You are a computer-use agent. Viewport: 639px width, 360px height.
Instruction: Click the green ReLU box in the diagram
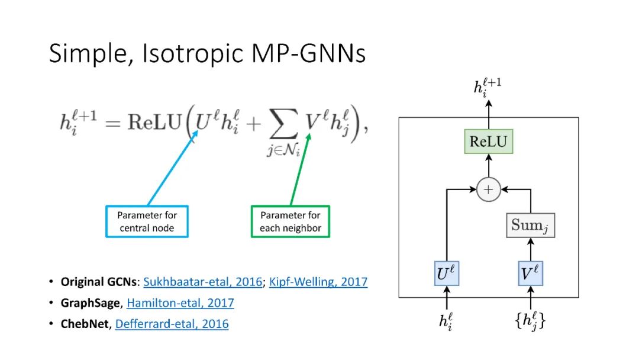489,142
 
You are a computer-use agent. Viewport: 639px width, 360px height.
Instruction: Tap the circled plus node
489,189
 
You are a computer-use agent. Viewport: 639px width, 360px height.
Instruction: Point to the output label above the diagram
488,87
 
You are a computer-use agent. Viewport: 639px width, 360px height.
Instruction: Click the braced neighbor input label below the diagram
530,322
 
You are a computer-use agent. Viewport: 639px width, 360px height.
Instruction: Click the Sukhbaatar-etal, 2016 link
202,282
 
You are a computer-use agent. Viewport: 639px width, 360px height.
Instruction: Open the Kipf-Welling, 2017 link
318,282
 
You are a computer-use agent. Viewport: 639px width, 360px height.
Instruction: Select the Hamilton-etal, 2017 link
180,303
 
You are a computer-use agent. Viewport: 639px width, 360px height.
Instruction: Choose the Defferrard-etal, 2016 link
172,324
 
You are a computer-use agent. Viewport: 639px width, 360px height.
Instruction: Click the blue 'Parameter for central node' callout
147,221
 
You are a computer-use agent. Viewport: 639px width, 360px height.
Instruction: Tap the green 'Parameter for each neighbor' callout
291,221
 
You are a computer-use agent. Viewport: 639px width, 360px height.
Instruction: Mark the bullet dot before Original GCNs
51,282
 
